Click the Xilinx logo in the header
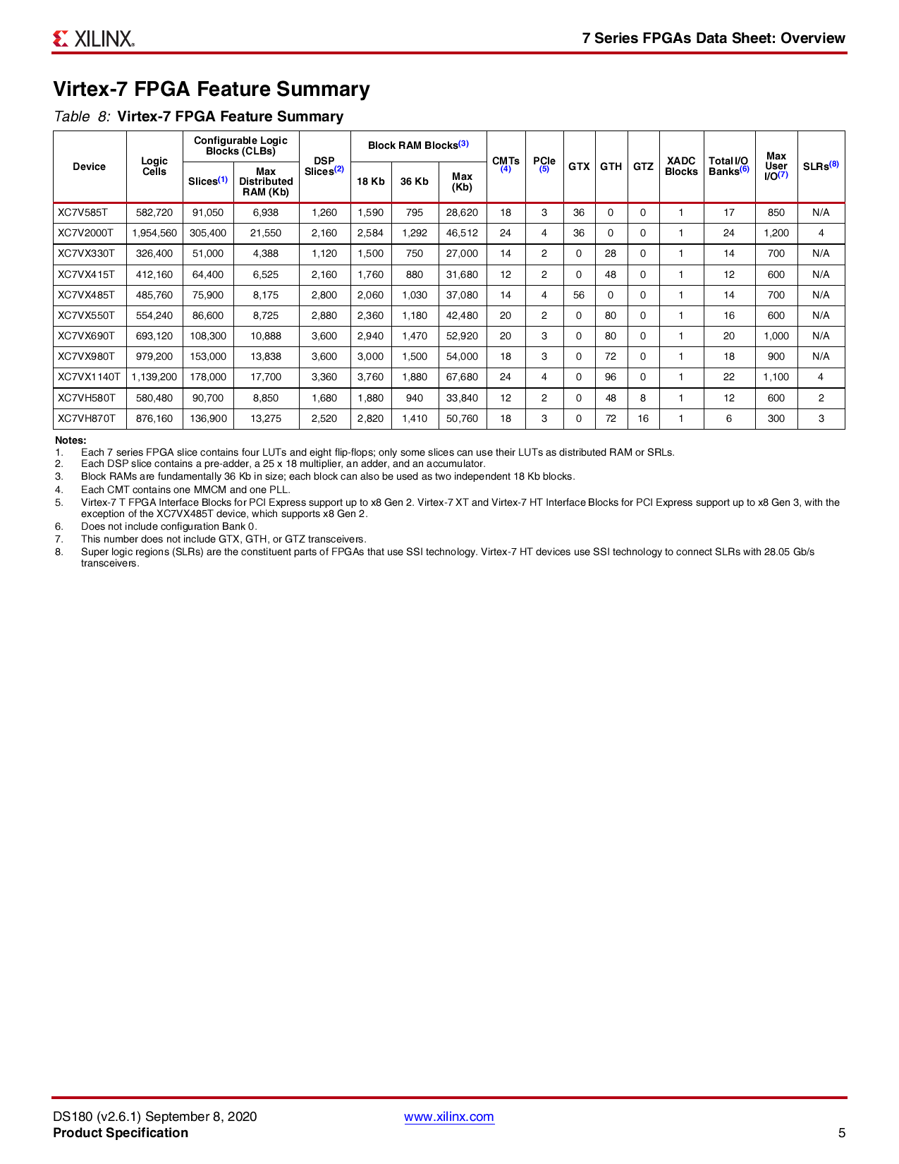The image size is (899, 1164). pos(93,38)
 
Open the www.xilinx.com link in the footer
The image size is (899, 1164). pos(448,1117)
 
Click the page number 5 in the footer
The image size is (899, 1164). pos(841,1133)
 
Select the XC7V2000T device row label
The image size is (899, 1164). pos(85,233)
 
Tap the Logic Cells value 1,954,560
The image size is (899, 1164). pos(154,233)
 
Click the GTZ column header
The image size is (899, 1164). pos(643,166)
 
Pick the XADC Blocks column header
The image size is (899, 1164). pos(681,166)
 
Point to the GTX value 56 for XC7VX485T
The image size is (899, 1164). pos(579,295)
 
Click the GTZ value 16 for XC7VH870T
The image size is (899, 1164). pos(643,418)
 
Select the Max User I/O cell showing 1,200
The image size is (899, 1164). pos(776,233)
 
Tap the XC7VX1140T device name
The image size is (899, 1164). pos(89,377)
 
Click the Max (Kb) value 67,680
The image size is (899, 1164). pos(462,377)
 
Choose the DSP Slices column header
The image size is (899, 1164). pos(324,166)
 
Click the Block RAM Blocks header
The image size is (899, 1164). pos(418,145)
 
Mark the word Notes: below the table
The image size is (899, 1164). pos(71,440)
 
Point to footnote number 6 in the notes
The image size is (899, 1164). pos(59,526)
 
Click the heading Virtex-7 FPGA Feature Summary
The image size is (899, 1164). pos(212,90)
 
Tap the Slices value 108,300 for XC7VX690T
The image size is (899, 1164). pos(208,336)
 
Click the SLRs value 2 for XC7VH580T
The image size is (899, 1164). pos(821,398)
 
